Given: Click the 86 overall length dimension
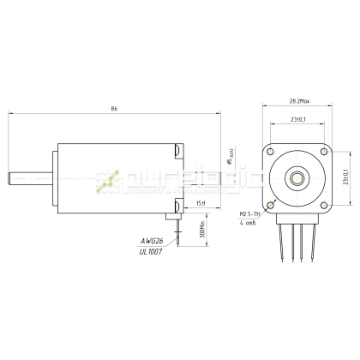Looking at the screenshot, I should [114, 109].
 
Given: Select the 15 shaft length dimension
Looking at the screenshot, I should [201, 203].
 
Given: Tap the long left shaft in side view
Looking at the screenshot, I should [31, 177].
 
